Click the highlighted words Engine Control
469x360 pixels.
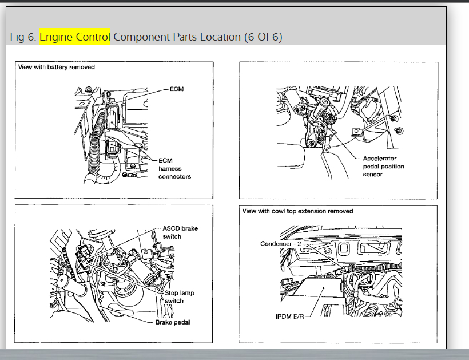(75, 37)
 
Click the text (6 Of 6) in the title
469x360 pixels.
(263, 37)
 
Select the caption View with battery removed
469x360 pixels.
(56, 67)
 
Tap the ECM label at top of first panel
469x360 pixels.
(177, 90)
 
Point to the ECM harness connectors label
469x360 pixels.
(174, 168)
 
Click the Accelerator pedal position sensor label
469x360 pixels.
(383, 166)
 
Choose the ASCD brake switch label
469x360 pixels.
(181, 232)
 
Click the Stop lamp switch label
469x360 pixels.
(179, 296)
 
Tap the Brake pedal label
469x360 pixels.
(173, 322)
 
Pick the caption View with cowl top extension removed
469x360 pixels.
(297, 211)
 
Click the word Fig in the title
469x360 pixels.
(18, 37)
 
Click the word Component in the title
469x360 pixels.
(141, 37)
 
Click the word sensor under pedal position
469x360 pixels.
(372, 174)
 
